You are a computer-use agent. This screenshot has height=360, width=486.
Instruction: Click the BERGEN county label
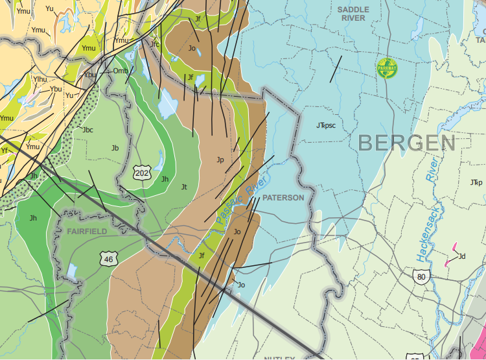(x=406, y=143)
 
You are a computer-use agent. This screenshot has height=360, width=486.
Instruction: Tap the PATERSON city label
(x=283, y=197)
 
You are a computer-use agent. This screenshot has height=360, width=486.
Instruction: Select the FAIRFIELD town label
(x=86, y=231)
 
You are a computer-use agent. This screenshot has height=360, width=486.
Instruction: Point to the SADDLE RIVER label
(x=354, y=14)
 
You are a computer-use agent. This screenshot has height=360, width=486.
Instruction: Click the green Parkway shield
(x=388, y=68)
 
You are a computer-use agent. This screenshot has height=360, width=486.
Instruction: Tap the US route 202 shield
(x=142, y=173)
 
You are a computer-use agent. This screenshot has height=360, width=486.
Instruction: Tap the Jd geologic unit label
(x=462, y=256)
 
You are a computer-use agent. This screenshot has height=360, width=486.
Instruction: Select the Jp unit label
(x=220, y=160)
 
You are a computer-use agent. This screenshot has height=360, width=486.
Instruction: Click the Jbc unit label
(x=88, y=130)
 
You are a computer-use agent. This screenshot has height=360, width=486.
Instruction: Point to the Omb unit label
(x=121, y=71)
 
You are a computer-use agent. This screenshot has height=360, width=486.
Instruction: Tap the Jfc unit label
(x=155, y=44)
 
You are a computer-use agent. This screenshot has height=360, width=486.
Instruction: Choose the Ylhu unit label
(x=40, y=79)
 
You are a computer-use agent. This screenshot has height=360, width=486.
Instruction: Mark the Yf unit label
(x=5, y=150)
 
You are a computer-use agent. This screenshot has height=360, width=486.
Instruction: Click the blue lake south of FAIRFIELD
(x=72, y=271)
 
